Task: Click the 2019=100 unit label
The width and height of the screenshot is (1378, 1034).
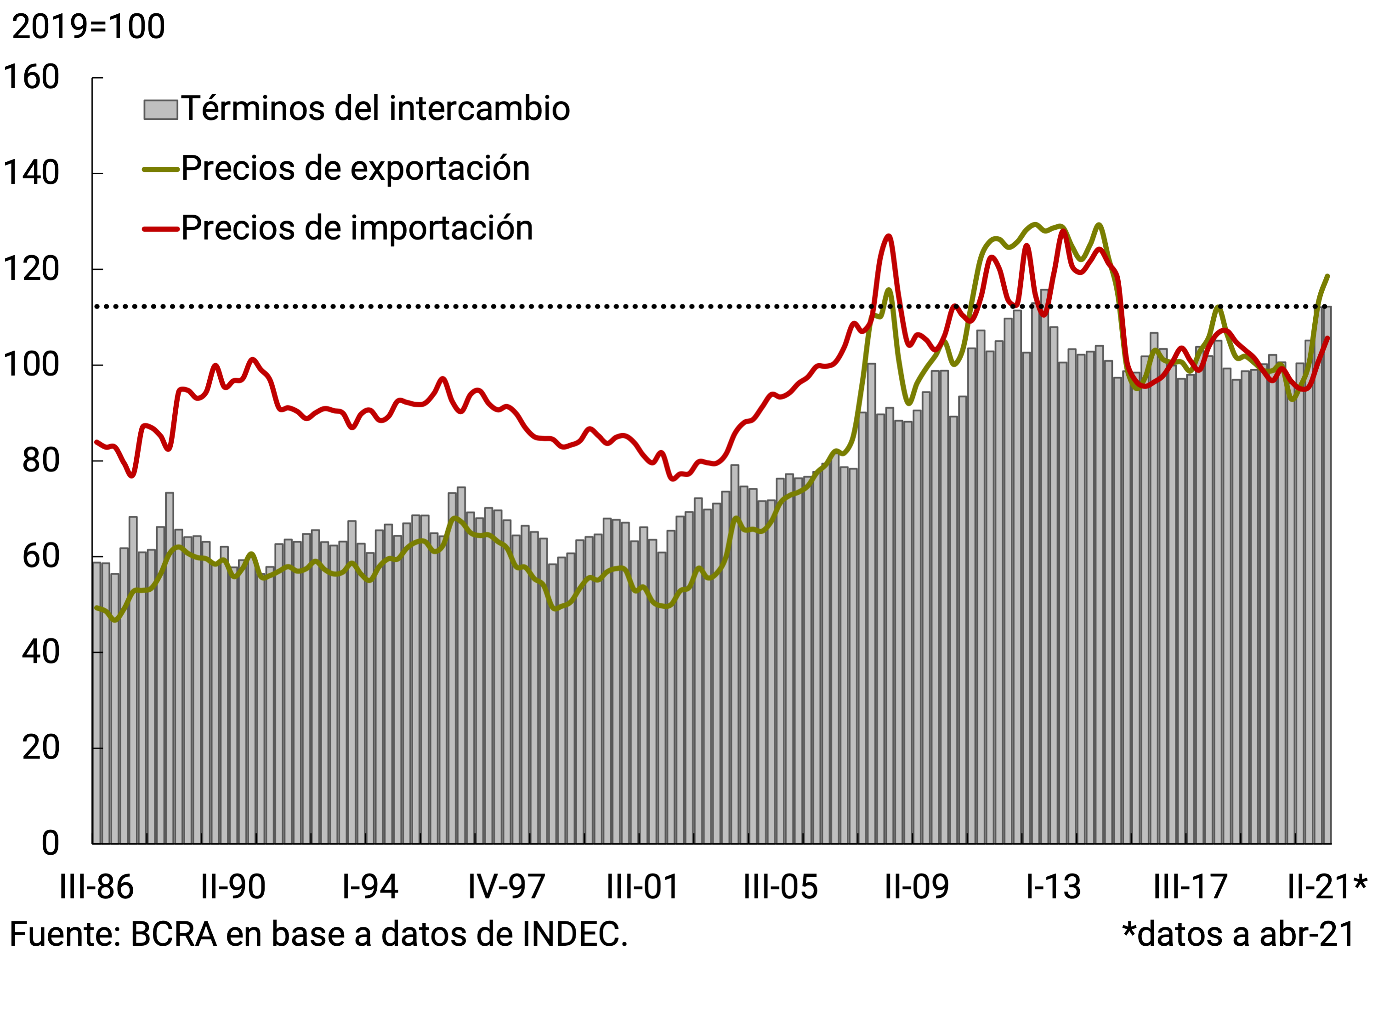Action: pos(89,27)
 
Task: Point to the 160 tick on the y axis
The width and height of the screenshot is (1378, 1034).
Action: pos(31,77)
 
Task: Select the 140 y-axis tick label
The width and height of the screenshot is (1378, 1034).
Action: pos(31,173)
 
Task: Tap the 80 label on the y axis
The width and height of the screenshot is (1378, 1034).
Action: pos(40,461)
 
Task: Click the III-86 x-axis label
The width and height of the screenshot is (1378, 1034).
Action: pos(96,887)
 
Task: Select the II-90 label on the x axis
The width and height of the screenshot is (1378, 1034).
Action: pos(233,887)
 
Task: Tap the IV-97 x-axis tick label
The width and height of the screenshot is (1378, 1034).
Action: pos(506,887)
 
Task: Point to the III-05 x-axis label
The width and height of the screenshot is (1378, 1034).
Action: pos(780,887)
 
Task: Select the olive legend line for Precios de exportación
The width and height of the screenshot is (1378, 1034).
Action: pos(161,169)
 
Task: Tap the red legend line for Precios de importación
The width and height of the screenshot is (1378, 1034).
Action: pos(161,229)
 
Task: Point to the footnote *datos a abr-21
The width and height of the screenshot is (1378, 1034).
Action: pos(1238,935)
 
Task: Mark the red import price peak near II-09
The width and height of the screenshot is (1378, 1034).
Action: pos(888,236)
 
